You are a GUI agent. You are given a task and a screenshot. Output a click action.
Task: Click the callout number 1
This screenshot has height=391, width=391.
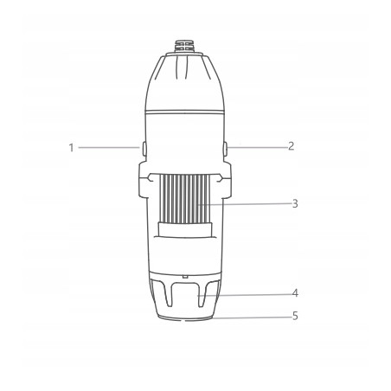(x=71, y=148)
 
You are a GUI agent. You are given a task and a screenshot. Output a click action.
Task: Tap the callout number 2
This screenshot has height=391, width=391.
(x=291, y=146)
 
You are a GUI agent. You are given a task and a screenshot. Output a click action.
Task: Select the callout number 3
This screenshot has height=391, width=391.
(x=295, y=203)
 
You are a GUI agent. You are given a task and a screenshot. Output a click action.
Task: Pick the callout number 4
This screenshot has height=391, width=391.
(x=295, y=293)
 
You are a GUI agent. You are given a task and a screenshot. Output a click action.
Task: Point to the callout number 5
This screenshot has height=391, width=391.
(x=295, y=316)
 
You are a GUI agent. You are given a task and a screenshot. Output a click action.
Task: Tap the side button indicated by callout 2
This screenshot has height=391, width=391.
(x=226, y=149)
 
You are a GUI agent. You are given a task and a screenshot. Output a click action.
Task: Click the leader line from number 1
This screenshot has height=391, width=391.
(x=109, y=148)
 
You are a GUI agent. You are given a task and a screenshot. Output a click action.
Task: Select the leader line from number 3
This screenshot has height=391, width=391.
(x=245, y=204)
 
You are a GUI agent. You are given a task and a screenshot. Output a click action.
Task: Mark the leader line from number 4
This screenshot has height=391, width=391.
(x=244, y=295)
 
